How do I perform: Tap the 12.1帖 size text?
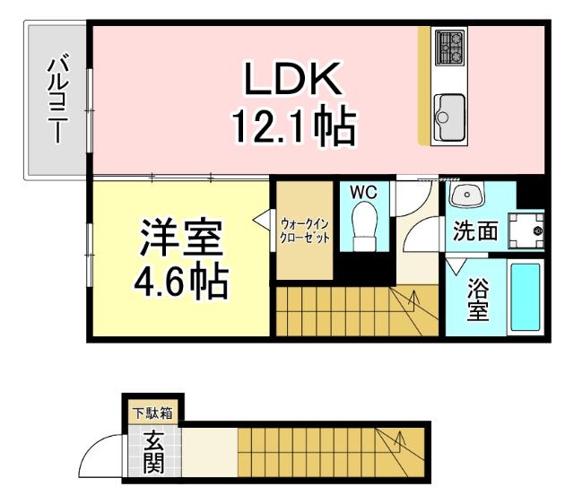point(294,128)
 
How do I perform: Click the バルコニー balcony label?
point(57,99)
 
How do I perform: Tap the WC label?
point(362,193)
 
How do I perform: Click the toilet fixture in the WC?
point(364,225)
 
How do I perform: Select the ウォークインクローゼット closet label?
point(305,231)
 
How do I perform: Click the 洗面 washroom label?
point(474,230)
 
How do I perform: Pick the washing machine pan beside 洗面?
point(526,230)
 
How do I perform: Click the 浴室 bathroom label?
point(478,300)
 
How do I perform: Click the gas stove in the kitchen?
point(448,46)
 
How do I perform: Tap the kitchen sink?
point(448,114)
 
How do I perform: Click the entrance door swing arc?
point(99,456)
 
